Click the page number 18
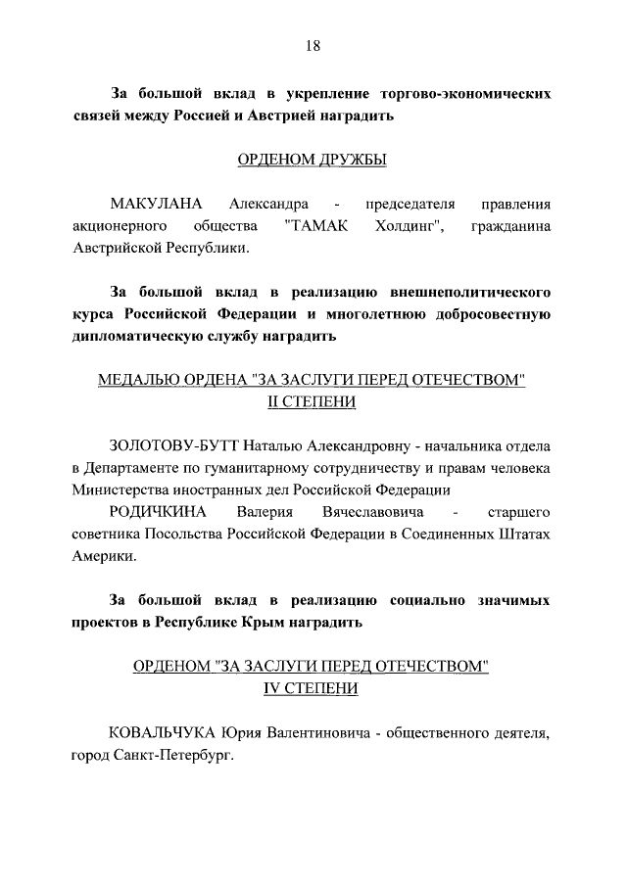(x=313, y=45)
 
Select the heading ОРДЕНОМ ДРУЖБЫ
(x=313, y=160)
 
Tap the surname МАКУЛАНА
(x=156, y=204)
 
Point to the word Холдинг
(x=405, y=226)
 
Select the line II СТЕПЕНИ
(x=313, y=401)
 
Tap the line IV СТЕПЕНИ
(x=313, y=688)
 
